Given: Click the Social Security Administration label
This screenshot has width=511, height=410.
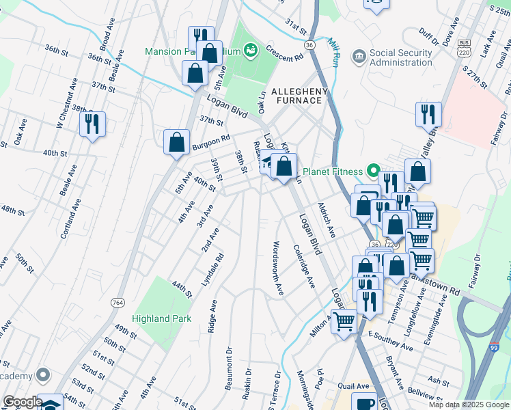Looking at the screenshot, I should tap(401, 57).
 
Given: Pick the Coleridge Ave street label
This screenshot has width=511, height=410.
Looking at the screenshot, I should tap(303, 266).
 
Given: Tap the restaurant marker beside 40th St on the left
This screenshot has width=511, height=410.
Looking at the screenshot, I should tap(92, 124).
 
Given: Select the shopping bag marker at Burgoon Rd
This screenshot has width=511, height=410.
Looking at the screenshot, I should tap(176, 143).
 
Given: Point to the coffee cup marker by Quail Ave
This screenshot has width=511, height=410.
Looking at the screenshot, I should tap(364, 403).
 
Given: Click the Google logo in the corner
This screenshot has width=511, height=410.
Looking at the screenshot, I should tap(22, 402).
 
